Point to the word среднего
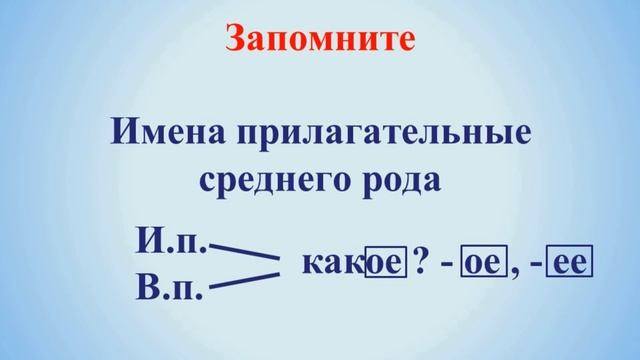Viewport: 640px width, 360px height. (x=263, y=180)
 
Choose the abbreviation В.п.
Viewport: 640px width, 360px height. (x=170, y=290)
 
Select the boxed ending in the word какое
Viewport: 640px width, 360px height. (x=384, y=265)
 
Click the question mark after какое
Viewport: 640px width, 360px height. (x=421, y=264)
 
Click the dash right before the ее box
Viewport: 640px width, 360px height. (x=537, y=266)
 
